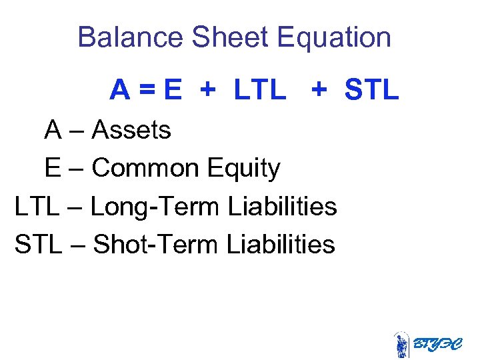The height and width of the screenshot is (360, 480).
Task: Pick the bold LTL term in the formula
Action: (260, 89)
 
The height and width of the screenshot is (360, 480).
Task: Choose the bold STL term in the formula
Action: (372, 89)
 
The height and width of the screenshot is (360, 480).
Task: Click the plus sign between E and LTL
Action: (209, 89)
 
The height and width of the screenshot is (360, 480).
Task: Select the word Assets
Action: (131, 130)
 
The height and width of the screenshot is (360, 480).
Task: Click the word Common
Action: (145, 168)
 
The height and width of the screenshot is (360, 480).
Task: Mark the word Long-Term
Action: (154, 207)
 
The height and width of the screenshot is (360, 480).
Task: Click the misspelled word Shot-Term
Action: (156, 245)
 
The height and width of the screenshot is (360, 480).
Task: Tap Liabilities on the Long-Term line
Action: (282, 207)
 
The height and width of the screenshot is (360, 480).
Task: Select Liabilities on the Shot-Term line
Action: (280, 245)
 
